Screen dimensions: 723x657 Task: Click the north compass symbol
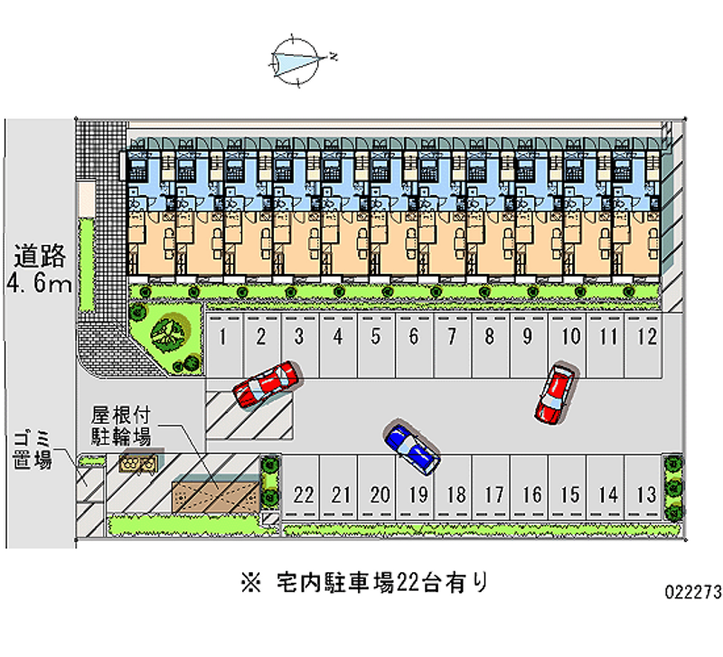click(297, 60)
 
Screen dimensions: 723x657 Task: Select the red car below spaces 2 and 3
click(264, 384)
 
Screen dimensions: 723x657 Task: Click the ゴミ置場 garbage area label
click(31, 448)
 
